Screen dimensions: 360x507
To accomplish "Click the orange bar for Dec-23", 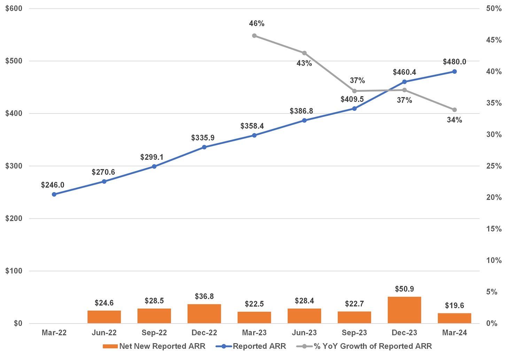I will click(404, 310).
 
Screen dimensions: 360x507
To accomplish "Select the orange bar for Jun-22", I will click(104, 317).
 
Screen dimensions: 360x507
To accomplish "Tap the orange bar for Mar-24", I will click(454, 318).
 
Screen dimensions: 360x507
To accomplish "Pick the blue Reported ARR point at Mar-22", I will click(54, 194).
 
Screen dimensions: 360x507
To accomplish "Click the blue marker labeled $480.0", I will click(454, 71).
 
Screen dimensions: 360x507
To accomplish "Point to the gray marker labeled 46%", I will click(254, 36).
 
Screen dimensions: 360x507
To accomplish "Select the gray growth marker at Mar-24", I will click(454, 110).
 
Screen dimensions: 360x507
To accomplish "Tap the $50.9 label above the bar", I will click(404, 289).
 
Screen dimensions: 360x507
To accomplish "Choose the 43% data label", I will click(304, 63).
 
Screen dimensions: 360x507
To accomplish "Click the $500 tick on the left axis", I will click(14, 61).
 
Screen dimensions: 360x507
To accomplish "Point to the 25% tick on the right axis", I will click(494, 166).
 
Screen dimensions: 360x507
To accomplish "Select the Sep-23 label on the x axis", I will click(354, 332).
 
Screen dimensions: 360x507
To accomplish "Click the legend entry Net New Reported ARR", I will click(154, 346).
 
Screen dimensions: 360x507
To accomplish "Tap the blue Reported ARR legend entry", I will click(251, 346).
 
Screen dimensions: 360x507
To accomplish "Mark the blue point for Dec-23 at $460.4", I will click(404, 82).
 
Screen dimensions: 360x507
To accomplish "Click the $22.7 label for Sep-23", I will click(354, 304).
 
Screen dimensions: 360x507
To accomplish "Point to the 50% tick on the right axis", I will click(494, 8).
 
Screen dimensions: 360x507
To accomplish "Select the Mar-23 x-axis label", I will click(254, 332).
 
